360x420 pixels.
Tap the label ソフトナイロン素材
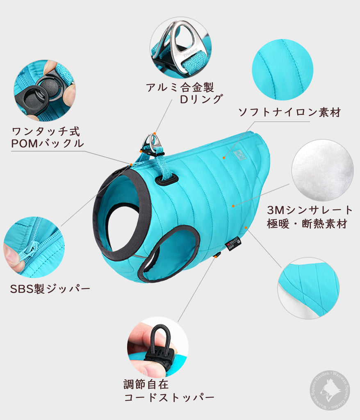point(289,112)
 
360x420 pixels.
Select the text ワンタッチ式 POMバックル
point(48,138)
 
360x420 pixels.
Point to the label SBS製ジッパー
point(50,289)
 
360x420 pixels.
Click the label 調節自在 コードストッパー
point(169,390)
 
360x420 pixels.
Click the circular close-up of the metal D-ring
point(181,48)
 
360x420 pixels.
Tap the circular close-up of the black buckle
point(44,91)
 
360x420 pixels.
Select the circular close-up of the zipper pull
point(34,247)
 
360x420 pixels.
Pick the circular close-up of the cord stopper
point(158,347)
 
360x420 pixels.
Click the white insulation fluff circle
point(323,170)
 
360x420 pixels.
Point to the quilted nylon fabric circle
point(283,70)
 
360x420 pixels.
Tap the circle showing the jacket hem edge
point(308,288)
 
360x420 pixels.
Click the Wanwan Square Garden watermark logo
point(330,390)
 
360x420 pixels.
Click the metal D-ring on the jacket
point(153,143)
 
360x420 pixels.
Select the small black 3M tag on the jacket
point(233,244)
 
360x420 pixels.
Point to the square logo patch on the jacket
point(239,155)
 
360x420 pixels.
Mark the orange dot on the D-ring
point(155,133)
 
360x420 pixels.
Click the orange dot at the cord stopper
point(214,257)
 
